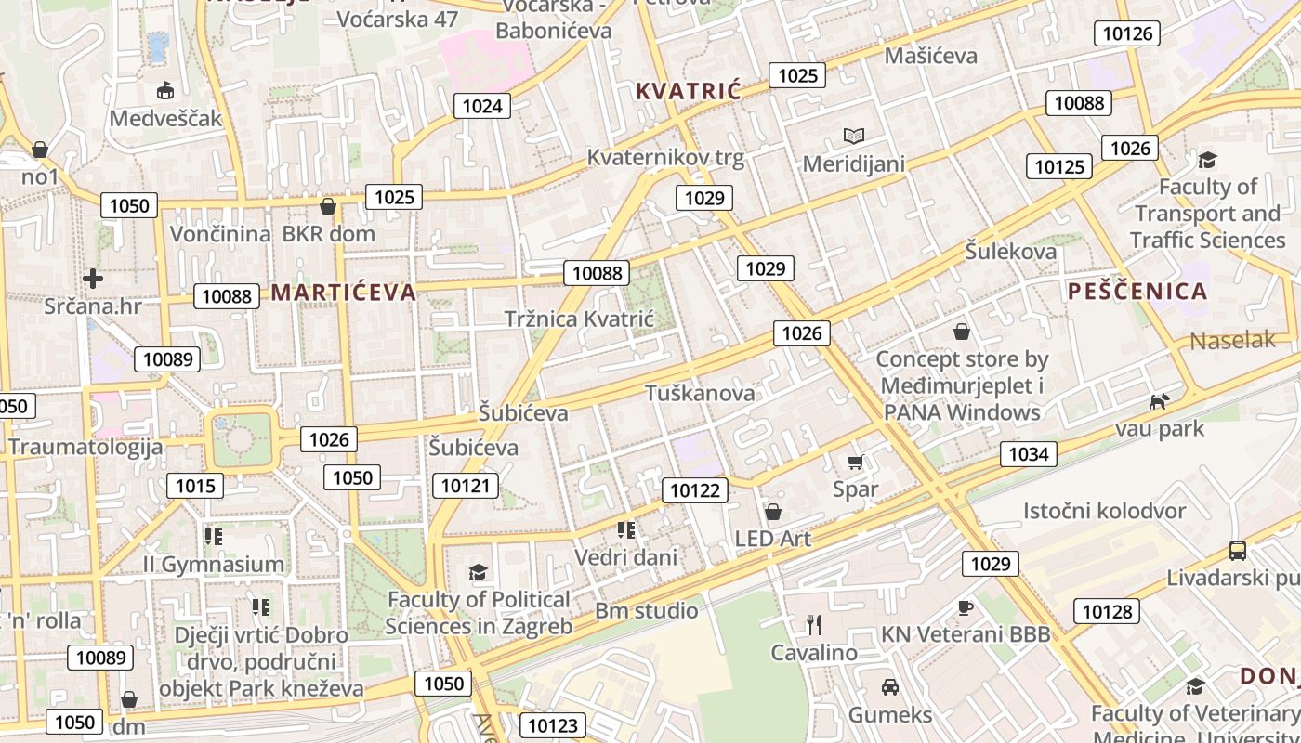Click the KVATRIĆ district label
[x=689, y=91]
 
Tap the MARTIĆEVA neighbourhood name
[x=344, y=293]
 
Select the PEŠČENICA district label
[x=1137, y=292]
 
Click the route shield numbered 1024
[x=482, y=106]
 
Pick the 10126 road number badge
[x=1127, y=34]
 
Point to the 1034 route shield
[x=1029, y=453]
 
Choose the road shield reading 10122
[x=695, y=490]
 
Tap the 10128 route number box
[x=1108, y=611]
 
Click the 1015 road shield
[x=195, y=485]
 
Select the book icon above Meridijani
[x=854, y=136]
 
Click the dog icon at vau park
[x=1159, y=402]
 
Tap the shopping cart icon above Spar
[x=856, y=462]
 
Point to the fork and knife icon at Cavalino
[x=814, y=624]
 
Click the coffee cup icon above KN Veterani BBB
[x=966, y=607]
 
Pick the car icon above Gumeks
[x=889, y=687]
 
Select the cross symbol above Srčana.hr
[x=92, y=278]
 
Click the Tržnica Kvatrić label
[x=579, y=319]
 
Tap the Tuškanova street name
[x=701, y=393]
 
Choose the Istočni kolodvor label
[x=1104, y=511]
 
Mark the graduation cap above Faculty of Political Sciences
[x=478, y=571]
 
